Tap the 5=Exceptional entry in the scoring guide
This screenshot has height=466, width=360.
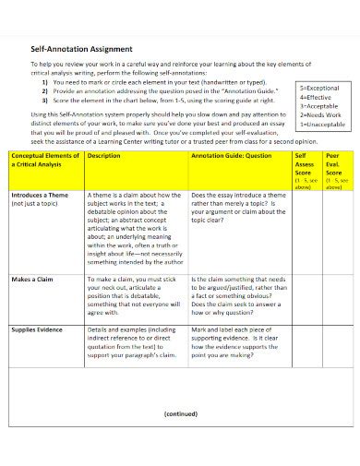coord(320,88)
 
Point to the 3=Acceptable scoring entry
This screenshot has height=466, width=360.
coord(319,104)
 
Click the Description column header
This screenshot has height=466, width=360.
coord(103,156)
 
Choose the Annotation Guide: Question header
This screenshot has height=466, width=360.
coord(231,156)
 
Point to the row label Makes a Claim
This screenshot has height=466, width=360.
coord(31,278)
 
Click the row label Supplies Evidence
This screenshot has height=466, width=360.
coord(38,329)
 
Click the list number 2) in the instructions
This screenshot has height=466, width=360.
coord(45,91)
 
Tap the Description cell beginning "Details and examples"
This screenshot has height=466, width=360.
coord(134,341)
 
